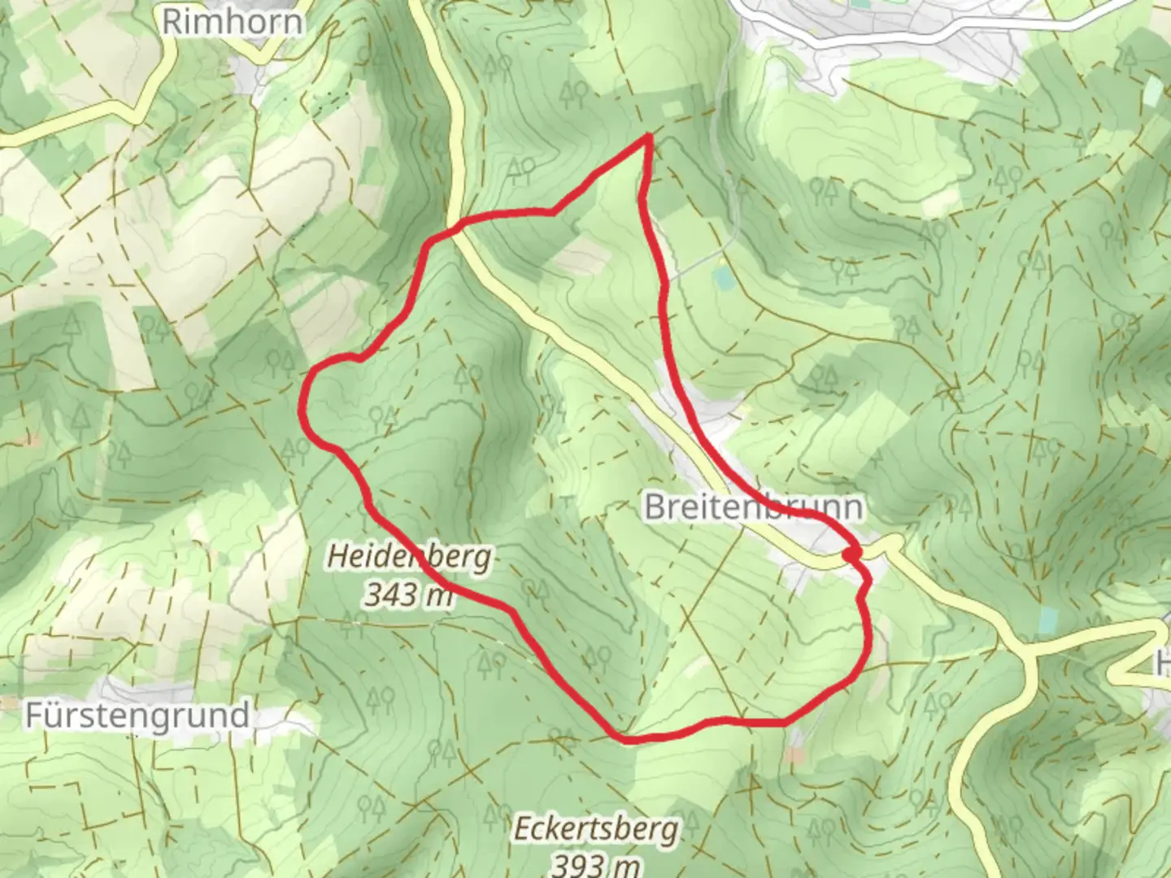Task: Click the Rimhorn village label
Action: [x=232, y=22]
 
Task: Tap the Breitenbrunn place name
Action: [x=753, y=507]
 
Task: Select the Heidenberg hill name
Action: [x=409, y=557]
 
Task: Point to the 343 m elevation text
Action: [x=409, y=595]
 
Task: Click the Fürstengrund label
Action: [x=137, y=715]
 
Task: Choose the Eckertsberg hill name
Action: [x=595, y=829]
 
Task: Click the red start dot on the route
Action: [x=851, y=554]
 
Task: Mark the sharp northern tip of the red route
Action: [x=648, y=137]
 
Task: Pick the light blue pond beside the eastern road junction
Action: [x=1048, y=621]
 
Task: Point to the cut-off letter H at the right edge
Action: [x=1163, y=664]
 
